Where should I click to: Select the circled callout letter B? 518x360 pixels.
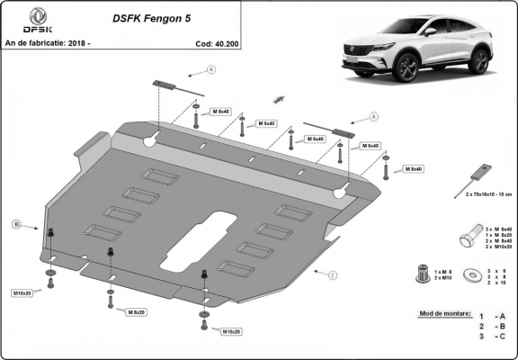(15, 223)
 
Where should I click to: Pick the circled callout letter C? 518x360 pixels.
(331, 274)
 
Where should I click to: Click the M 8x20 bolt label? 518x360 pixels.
(137, 311)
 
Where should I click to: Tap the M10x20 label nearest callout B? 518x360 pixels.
(22, 293)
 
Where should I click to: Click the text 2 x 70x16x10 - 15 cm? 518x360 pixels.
(487, 194)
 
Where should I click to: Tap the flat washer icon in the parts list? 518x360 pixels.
(469, 274)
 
